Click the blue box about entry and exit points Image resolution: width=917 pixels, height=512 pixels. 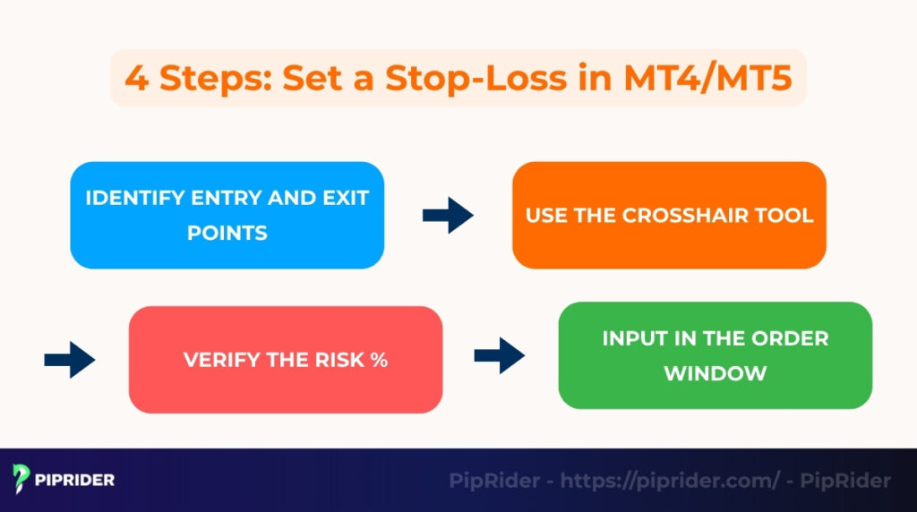pos(227,215)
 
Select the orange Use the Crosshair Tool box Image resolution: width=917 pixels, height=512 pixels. pos(669,215)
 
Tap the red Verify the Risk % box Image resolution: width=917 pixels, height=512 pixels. pos(286,359)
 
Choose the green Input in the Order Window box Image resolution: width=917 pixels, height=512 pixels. pos(715,355)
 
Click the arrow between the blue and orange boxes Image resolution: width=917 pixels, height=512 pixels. pos(448,216)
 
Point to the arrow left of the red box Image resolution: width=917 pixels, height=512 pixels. pos(69,360)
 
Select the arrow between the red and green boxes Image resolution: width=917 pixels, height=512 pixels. pos(499,355)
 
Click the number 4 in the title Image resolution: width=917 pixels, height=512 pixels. pos(135,79)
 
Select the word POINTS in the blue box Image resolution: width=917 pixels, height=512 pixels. pos(227,233)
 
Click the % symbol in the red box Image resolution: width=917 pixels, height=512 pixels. pos(379,360)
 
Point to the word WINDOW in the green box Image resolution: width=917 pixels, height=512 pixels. pos(715,372)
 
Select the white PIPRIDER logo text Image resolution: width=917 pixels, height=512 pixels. pos(76,480)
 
